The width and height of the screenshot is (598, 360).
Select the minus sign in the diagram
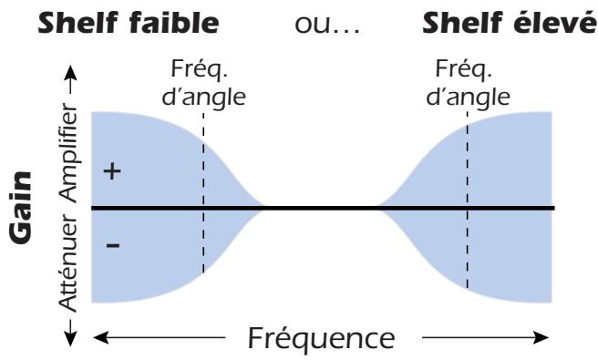pos(112,246)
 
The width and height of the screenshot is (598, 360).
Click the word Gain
pos(26,208)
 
